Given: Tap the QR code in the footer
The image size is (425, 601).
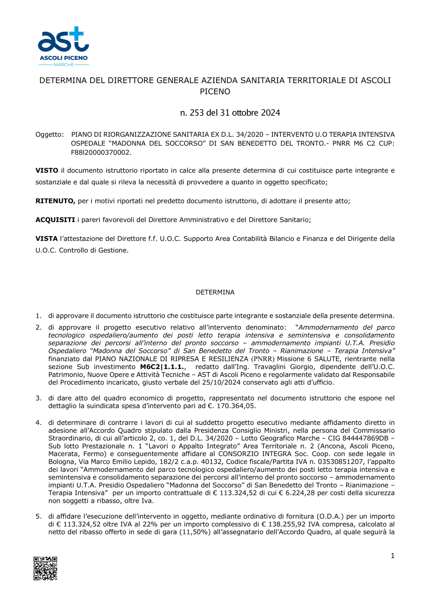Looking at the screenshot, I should pos(45,568).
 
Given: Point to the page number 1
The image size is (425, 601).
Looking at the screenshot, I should pos(392,556).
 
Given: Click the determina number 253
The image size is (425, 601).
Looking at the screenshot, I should pos(196,113).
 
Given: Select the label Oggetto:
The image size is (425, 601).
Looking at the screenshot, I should pos(49,135).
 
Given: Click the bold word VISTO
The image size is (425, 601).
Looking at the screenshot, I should pos(47,171).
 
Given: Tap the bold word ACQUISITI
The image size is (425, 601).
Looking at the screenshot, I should pos(55,220).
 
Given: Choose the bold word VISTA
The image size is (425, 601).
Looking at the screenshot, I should pos(46,239).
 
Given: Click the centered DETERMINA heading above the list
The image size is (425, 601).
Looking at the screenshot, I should pos(215,293).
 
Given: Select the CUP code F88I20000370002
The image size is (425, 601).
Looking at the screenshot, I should pos(101,152).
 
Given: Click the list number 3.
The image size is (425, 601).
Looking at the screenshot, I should pos(38,398).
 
